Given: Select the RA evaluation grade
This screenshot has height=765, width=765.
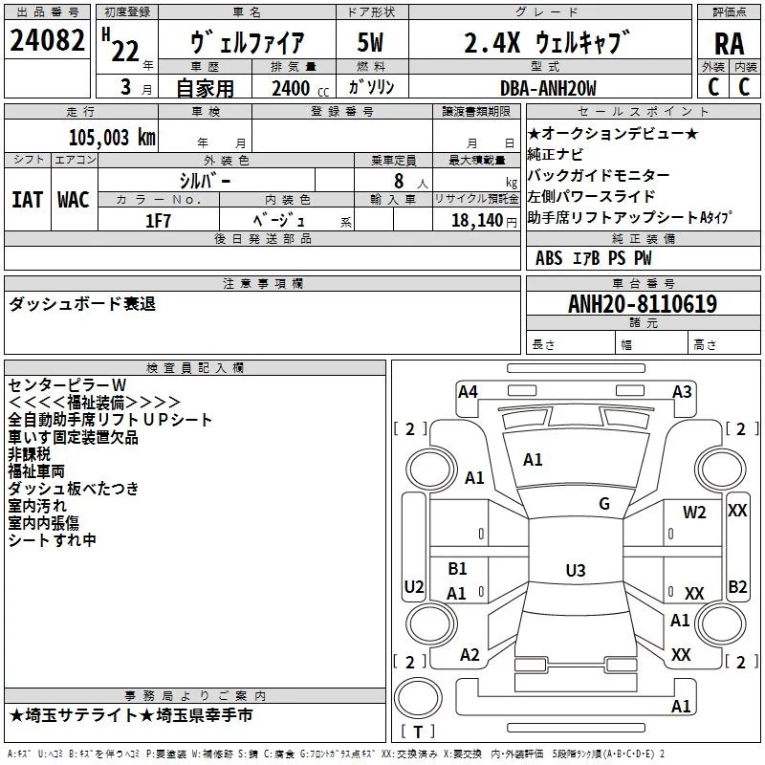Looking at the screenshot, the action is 728,44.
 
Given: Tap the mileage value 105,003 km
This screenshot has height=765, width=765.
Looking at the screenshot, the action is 112,137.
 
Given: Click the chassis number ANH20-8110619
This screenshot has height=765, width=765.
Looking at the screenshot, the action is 643,304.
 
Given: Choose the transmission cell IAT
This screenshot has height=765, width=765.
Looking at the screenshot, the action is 27,200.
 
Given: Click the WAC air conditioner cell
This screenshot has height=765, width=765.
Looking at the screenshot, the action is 74,200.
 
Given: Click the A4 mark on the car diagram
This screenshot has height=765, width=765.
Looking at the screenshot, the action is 468,391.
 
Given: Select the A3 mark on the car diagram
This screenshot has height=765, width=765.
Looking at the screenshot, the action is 682,391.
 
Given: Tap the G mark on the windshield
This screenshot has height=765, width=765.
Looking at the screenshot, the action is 603,503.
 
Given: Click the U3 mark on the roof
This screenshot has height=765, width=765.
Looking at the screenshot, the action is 575,571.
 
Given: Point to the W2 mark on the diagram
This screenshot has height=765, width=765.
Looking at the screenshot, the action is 694,513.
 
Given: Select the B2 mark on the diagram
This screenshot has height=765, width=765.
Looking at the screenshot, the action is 737,586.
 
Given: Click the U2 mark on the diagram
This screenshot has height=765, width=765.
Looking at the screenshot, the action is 414,586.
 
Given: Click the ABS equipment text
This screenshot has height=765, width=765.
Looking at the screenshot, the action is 549,258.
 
